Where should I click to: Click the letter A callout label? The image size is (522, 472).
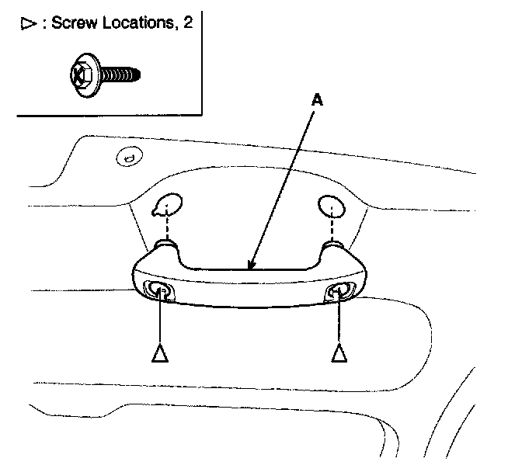pyautogui.click(x=317, y=101)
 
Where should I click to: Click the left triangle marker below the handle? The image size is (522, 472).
pyautogui.click(x=159, y=354)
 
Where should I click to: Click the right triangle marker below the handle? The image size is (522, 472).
pyautogui.click(x=339, y=354)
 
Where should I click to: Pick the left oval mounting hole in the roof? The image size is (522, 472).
pyautogui.click(x=167, y=206)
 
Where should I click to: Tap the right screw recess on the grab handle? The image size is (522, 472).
pyautogui.click(x=340, y=291)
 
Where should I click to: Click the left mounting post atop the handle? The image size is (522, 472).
pyautogui.click(x=165, y=246)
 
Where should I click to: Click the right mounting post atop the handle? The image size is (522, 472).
pyautogui.click(x=334, y=246)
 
